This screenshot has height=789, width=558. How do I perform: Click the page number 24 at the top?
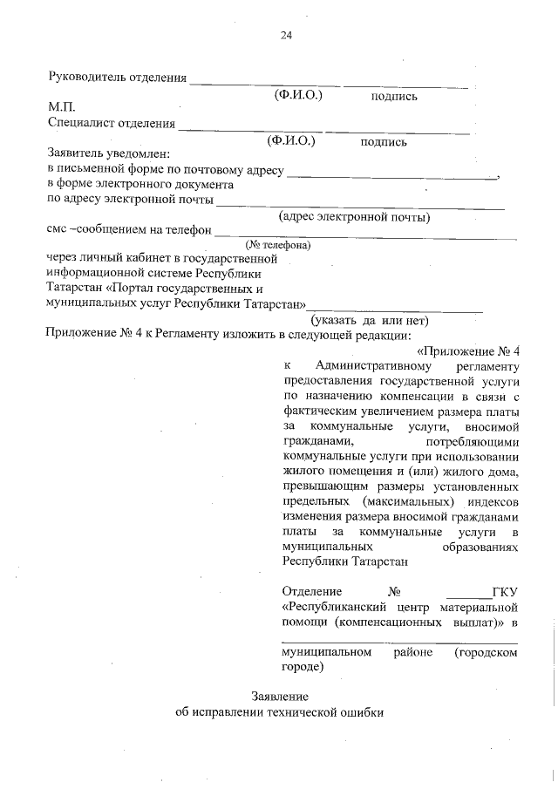[286, 36]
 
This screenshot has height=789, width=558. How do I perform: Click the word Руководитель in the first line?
[85, 78]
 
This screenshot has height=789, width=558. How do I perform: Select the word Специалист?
[79, 124]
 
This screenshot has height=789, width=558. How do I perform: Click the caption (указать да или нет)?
[376, 320]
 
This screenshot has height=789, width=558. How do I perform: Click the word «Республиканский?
[337, 608]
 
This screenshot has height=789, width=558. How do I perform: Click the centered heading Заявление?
[279, 697]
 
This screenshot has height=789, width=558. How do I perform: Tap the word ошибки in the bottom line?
[359, 711]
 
